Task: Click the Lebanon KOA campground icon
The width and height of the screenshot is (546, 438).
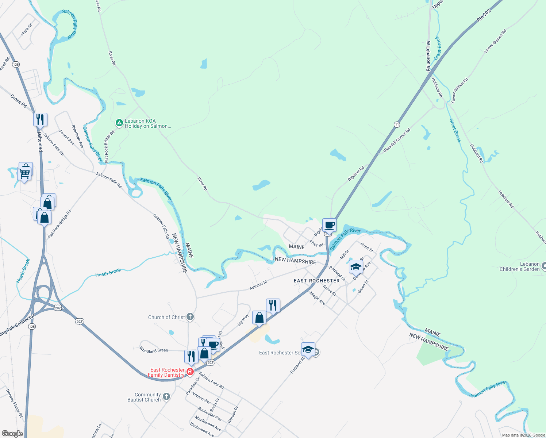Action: point(119,123)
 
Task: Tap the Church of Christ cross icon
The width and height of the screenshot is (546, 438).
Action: point(190,317)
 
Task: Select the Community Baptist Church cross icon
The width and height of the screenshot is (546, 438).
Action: point(166,397)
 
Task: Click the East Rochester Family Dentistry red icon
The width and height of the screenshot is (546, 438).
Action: point(190,372)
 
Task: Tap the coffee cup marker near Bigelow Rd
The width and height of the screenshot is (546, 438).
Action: point(329,225)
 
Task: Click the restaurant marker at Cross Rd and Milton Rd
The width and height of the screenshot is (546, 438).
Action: point(40,119)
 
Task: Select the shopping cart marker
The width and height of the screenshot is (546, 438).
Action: point(24,173)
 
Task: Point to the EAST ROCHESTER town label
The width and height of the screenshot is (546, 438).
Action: point(316,281)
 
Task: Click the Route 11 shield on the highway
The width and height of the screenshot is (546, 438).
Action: point(397,124)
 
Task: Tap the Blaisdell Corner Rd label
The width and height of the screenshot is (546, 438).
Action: point(397,140)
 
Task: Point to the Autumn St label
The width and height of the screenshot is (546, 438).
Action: point(258,285)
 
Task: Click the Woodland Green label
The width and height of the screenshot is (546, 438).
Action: point(154,350)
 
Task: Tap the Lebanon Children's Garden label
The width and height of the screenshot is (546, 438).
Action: point(519,266)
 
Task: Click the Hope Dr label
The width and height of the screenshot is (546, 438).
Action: point(26,30)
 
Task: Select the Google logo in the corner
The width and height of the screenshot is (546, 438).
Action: point(12,433)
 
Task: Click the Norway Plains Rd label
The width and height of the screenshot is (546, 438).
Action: point(15,403)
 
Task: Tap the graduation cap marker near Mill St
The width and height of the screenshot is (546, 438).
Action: point(355,267)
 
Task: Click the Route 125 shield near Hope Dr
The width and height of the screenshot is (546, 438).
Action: point(16,64)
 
